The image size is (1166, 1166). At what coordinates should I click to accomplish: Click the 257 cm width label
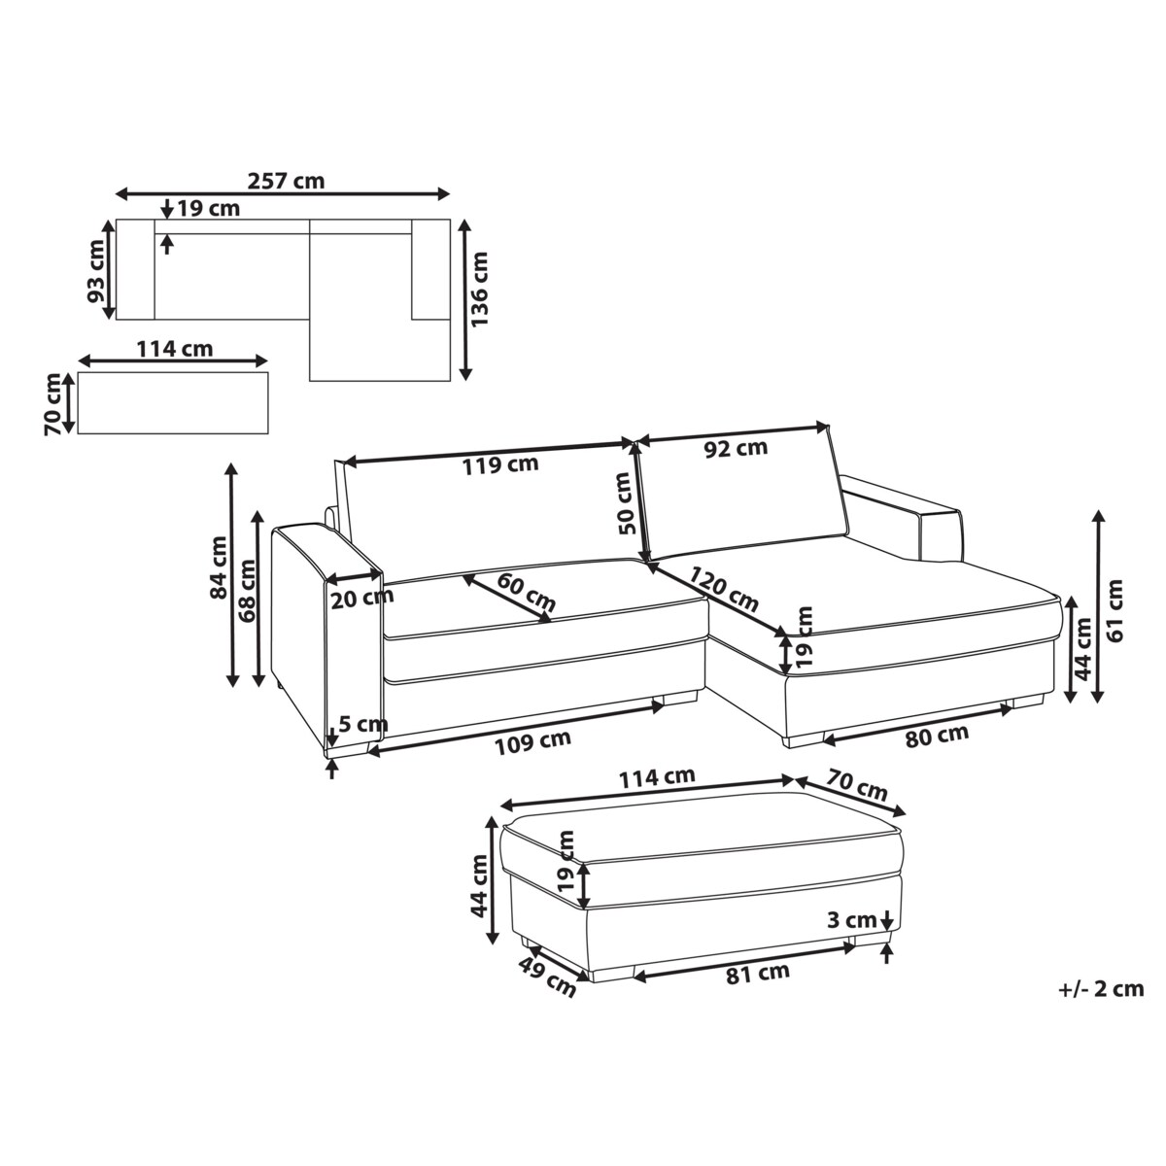287,181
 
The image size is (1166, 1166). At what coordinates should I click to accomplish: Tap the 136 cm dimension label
479,290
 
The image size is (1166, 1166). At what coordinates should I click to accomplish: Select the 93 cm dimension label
95,272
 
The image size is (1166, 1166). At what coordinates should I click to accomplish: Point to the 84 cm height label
218,567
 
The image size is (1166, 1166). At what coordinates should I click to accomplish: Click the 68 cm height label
247,592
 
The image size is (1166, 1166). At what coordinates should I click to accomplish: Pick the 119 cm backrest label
500,465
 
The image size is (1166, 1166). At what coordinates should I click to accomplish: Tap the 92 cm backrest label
736,448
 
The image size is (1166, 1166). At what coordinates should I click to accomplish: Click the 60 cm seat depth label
526,592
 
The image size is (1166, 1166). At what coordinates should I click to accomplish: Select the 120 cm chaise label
724,590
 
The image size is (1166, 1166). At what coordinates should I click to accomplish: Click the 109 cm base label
532,742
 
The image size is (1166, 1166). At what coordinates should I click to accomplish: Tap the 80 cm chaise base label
937,736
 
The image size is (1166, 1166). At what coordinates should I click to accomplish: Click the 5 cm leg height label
362,724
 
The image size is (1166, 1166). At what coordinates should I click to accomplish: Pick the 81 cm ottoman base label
758,973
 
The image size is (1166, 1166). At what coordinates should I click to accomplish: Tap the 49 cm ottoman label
547,977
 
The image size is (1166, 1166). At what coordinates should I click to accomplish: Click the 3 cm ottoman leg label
852,920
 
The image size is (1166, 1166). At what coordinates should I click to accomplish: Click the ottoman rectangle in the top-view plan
173,403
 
